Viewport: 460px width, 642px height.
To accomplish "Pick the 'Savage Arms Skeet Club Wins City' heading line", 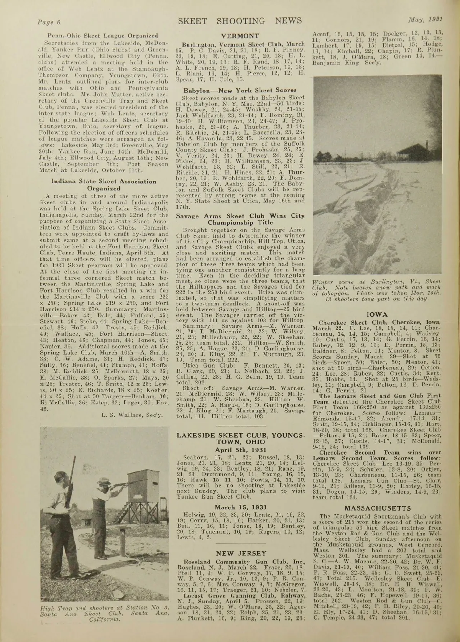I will pyautogui.click(x=240, y=216).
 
